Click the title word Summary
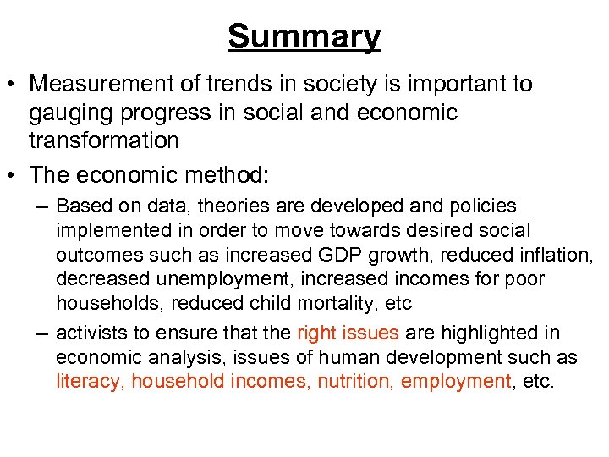coord(304,36)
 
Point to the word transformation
coord(103,140)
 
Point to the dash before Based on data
coord(41,206)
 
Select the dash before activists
coord(41,333)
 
